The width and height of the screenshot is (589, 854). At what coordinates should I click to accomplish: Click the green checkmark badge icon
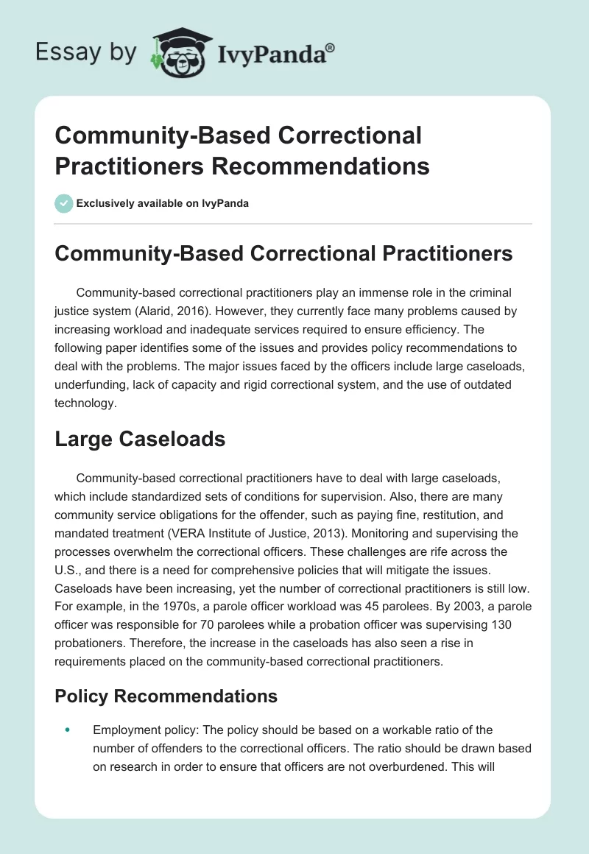click(x=64, y=203)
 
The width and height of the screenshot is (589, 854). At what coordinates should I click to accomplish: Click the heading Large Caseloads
click(x=140, y=440)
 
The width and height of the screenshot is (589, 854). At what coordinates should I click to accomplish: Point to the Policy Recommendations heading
click(x=166, y=696)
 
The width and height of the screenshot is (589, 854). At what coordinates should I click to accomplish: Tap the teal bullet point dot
click(x=68, y=730)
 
